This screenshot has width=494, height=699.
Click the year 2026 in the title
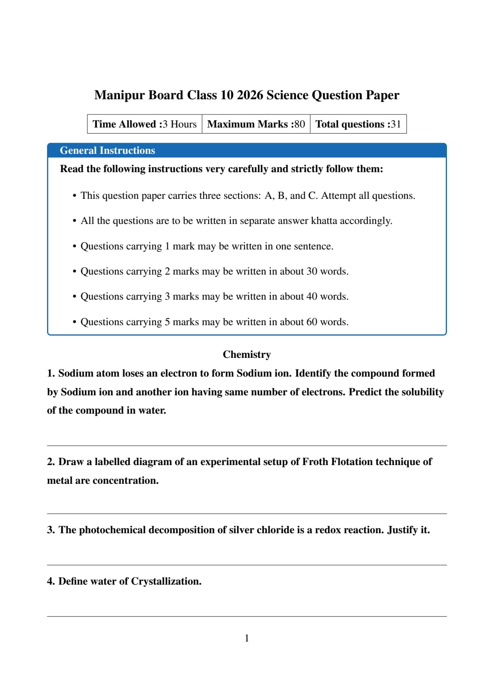coord(250,95)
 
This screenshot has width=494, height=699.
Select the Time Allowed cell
coord(145,124)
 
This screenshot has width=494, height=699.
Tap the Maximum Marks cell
coord(256,124)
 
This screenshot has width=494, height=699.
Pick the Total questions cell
coord(358,124)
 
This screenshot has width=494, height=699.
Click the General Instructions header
coord(107,151)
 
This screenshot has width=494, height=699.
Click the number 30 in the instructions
coord(312,271)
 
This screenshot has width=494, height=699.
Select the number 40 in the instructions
coord(312,296)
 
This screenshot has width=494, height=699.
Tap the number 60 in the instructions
coord(312,322)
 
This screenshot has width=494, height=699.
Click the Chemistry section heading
coord(247,355)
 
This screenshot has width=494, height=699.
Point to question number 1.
coord(51,373)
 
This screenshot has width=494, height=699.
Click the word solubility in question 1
coord(422,392)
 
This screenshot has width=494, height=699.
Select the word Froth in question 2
coord(315,462)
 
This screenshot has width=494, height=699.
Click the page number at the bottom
coord(247,638)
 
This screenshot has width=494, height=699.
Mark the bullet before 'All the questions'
coord(74,221)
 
